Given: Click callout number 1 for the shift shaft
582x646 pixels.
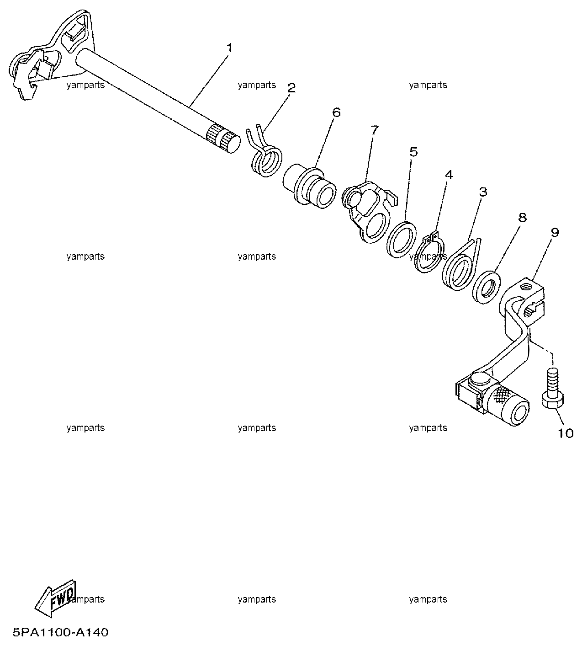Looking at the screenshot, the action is [x=229, y=48].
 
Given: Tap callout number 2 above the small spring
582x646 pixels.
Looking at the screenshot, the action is [x=291, y=88].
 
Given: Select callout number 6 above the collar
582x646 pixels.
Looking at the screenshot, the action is [x=336, y=112].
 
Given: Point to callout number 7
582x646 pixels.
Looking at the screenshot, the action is [x=375, y=130].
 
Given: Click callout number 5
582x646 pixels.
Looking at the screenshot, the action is [x=413, y=152].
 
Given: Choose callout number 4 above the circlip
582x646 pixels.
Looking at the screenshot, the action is [x=449, y=175].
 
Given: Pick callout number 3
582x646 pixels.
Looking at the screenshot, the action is [x=483, y=192].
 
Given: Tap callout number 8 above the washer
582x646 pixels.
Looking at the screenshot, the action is [x=523, y=218].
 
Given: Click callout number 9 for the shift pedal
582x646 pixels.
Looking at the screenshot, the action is [x=555, y=232].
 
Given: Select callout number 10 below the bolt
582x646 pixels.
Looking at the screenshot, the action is [x=565, y=433].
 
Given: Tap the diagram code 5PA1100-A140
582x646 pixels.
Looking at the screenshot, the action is [x=60, y=632].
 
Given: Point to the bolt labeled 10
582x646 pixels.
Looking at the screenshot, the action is [x=552, y=389].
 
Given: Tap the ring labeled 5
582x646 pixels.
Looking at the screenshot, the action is [x=401, y=239].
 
